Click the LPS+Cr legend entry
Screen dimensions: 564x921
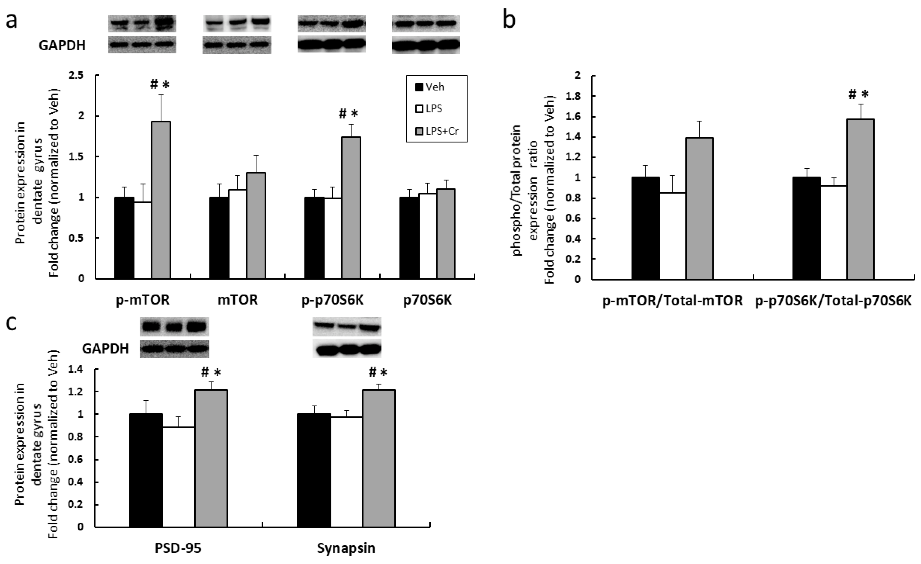pos(437,131)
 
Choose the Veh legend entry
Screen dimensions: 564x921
pos(430,87)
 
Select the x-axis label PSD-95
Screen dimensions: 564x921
pos(178,548)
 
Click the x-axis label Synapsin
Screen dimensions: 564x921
pos(346,548)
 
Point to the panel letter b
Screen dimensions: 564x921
pos(509,19)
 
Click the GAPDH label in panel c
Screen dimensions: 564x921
pos(105,349)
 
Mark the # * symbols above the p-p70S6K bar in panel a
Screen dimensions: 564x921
pos(348,114)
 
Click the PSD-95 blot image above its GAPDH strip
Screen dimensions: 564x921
pos(175,326)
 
